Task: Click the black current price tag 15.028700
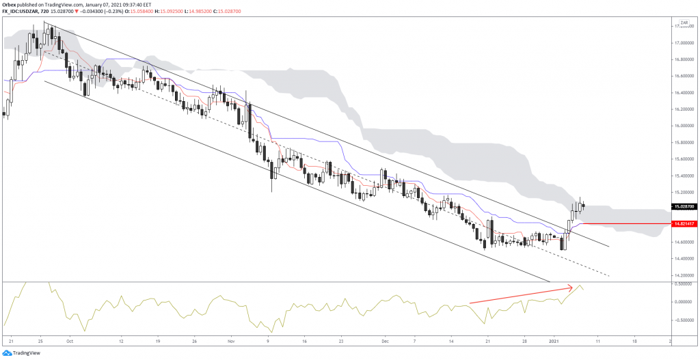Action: [x=684, y=206]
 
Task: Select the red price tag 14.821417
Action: [x=684, y=223]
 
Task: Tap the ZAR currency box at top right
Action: [x=684, y=23]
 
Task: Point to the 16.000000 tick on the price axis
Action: [x=684, y=126]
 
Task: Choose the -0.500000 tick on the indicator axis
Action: [x=684, y=318]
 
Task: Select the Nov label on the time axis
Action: [x=230, y=340]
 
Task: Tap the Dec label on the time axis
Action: [x=384, y=340]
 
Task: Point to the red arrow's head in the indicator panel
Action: [x=571, y=288]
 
